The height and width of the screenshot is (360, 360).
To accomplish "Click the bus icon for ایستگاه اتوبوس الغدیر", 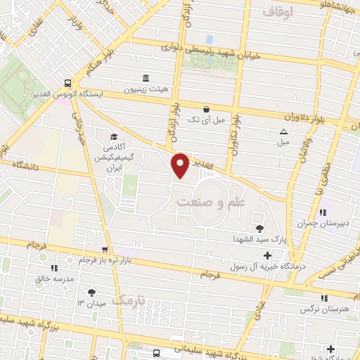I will tap(65, 81).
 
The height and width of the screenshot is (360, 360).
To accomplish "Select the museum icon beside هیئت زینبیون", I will tap(145, 78).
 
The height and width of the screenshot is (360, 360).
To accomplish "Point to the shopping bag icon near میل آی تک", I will tap(206, 109).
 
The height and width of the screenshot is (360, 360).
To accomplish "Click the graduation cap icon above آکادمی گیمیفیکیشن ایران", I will tap(112, 137).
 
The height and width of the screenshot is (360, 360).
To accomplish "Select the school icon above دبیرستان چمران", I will tap(323, 213).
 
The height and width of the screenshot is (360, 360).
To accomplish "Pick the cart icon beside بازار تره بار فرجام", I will tap(105, 249).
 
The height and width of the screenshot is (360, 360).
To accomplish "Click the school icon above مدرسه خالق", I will tap(53, 267).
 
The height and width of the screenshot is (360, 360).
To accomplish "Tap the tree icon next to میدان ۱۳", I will tap(91, 292).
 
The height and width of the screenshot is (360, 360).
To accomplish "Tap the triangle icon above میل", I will tap(283, 131).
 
